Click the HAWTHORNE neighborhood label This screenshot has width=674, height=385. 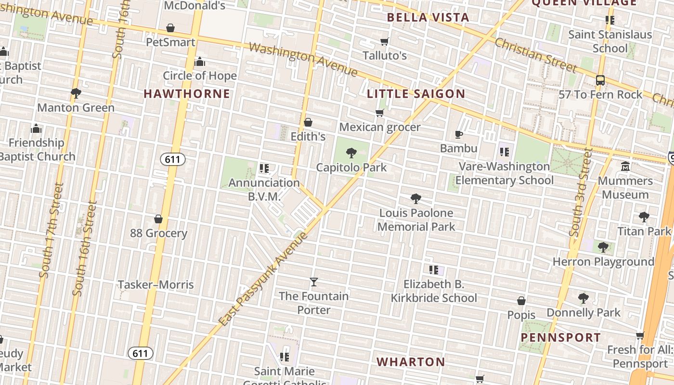click(187, 93)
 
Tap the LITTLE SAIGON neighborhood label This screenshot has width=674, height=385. click(416, 94)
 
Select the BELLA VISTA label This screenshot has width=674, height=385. click(428, 18)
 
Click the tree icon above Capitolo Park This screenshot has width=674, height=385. click(351, 153)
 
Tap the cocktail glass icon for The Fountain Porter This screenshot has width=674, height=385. click(314, 282)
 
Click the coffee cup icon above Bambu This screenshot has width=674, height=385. click(459, 134)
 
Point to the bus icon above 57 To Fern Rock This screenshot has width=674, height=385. click(600, 80)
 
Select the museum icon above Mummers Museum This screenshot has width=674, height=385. click(625, 167)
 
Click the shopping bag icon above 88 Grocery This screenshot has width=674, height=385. click(158, 219)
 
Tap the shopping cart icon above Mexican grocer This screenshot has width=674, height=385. click(380, 113)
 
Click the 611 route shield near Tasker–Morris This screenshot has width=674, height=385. click(140, 354)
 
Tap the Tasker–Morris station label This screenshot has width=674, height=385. click(156, 284)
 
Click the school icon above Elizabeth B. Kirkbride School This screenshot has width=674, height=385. click(433, 270)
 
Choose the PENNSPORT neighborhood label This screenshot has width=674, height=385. click(561, 337)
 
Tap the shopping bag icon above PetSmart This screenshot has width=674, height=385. click(170, 28)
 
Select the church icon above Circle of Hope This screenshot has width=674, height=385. click(200, 62)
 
